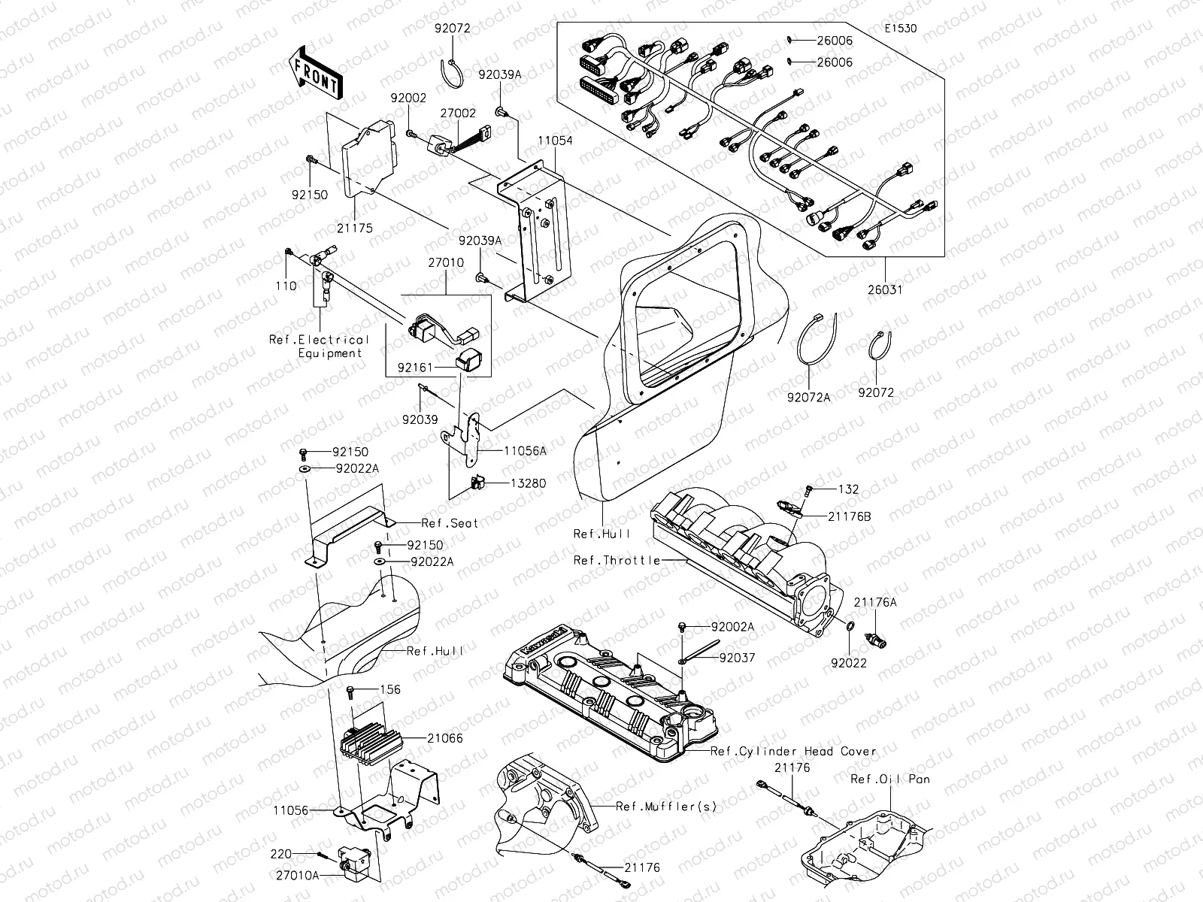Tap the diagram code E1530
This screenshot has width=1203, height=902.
click(900, 29)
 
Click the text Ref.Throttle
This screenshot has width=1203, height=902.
click(617, 560)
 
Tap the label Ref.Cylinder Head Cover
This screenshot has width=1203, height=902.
click(793, 751)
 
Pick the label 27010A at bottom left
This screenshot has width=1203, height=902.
click(297, 875)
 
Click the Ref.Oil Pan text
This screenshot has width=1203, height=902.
click(889, 779)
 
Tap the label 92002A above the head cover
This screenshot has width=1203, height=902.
click(732, 626)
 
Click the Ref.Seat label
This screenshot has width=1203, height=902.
click(450, 523)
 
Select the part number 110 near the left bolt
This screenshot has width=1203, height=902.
click(286, 286)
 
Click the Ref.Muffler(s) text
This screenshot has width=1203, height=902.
click(666, 807)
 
